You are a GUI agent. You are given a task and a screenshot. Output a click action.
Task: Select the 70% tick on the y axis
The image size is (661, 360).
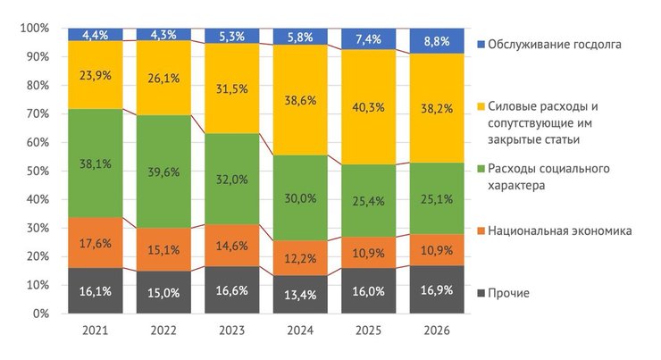click(38, 114)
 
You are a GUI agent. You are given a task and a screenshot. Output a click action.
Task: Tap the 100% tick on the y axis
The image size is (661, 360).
click(36, 29)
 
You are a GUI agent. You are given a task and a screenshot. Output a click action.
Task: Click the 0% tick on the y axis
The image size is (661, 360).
click(43, 314)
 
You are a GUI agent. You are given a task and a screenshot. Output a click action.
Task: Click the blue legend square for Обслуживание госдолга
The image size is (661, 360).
click(482, 44)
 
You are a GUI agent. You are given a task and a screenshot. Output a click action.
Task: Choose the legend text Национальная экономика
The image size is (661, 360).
click(561, 231)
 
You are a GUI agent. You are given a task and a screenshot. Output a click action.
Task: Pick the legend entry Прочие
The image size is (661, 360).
click(510, 293)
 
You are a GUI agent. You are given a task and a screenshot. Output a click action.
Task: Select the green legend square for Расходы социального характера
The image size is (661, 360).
click(482, 170)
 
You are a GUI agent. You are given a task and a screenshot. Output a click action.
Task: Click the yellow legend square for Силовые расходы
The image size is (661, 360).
click(482, 106)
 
